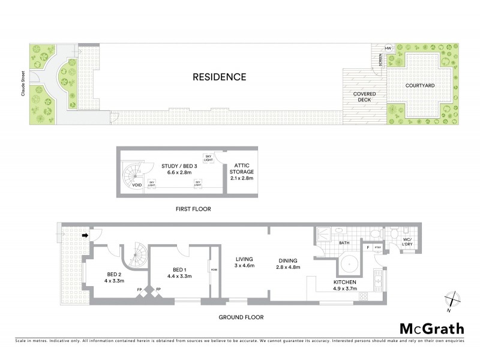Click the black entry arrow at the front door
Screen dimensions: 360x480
click(85, 235)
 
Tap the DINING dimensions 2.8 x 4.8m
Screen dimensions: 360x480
click(287, 267)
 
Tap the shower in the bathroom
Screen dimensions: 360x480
click(325, 233)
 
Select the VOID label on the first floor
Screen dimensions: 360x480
click(138, 185)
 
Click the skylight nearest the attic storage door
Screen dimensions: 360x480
click(208, 157)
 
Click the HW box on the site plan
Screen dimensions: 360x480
click(388, 49)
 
